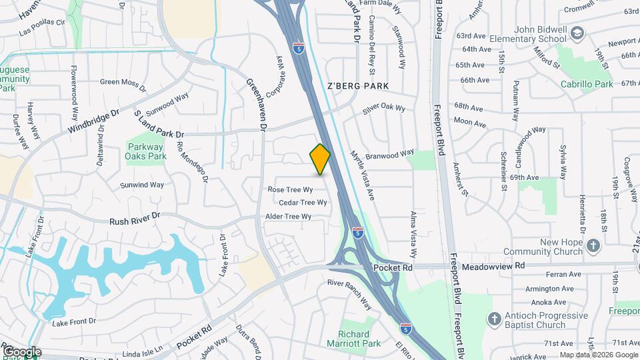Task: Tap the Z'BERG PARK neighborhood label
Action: (x=357, y=87)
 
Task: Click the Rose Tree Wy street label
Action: (x=291, y=189)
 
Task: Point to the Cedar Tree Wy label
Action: (x=303, y=203)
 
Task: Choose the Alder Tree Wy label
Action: (x=289, y=217)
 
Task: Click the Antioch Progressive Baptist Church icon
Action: (x=495, y=319)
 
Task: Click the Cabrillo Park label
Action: (x=587, y=85)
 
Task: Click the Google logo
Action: (x=22, y=352)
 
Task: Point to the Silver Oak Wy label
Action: (x=383, y=107)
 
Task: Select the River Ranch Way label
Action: (x=349, y=293)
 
